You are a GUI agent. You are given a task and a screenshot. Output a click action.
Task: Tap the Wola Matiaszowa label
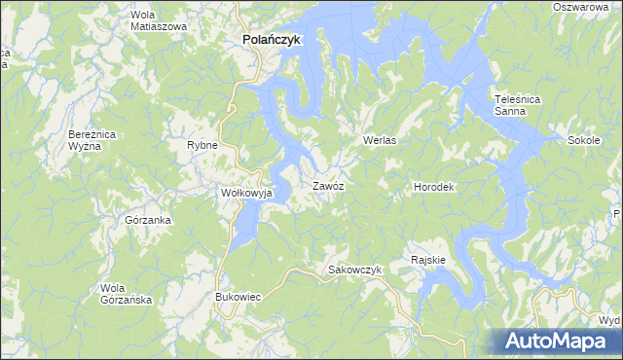[159, 20]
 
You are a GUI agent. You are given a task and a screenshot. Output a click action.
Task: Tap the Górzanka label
[148, 220]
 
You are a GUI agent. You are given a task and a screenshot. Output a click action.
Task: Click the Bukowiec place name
[238, 296]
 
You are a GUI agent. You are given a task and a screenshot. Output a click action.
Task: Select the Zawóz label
[328, 185]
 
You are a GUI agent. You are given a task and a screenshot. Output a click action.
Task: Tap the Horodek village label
[434, 186]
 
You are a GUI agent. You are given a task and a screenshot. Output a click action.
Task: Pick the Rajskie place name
[428, 260]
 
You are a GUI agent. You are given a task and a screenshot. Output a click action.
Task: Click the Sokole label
[583, 140]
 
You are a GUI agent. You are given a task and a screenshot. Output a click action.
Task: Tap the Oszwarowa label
[586, 7]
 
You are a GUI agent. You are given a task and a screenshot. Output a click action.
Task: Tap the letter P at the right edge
[618, 213]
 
